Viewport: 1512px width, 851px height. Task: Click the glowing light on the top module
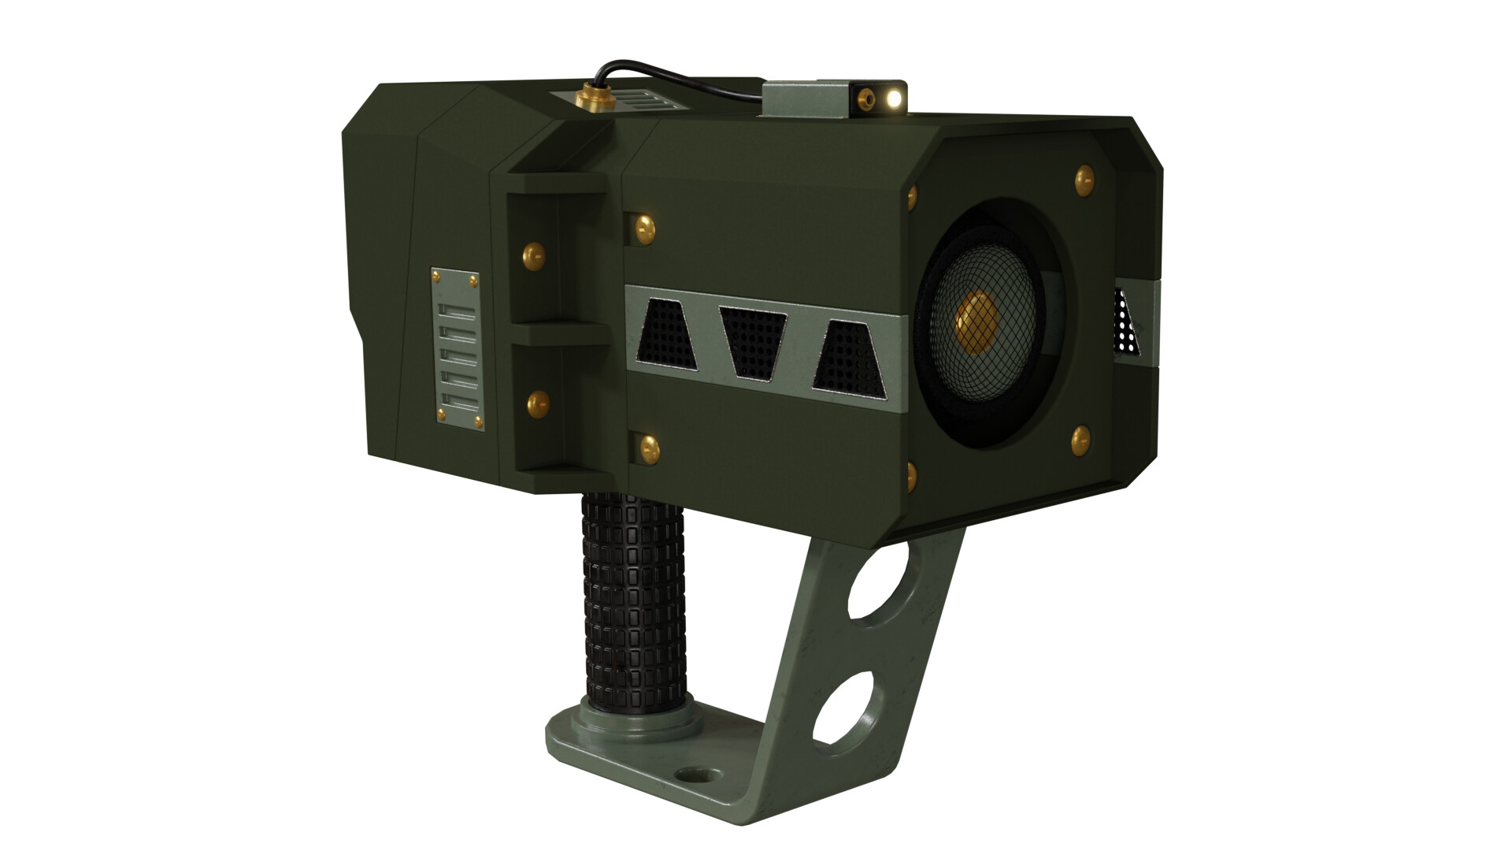(893, 98)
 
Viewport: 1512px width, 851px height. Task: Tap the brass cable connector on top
(587, 97)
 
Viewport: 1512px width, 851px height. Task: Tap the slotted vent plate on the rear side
(458, 350)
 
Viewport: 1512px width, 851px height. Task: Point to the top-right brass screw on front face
(1084, 181)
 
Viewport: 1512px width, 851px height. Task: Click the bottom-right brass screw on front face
(1080, 439)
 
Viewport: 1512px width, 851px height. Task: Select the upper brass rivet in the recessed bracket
(534, 255)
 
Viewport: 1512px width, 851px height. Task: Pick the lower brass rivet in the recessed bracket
(539, 403)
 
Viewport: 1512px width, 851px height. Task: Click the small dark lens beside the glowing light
(868, 98)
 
